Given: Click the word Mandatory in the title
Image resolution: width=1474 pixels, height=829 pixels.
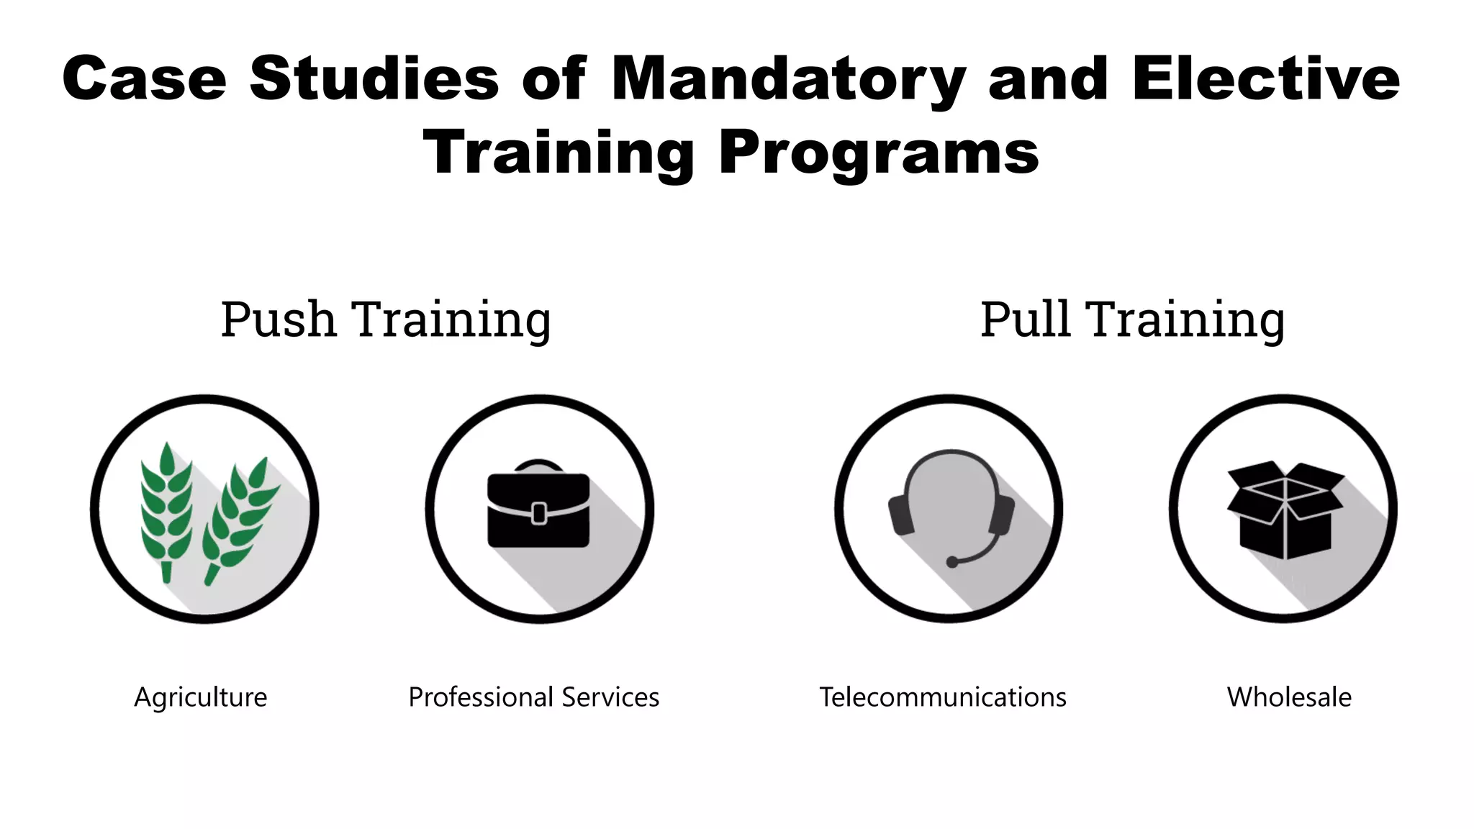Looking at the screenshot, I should pyautogui.click(x=787, y=79).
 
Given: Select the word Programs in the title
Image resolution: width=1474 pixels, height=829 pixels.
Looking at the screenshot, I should pyautogui.click(x=879, y=153).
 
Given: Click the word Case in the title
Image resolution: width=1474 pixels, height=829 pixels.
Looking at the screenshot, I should pyautogui.click(x=144, y=79).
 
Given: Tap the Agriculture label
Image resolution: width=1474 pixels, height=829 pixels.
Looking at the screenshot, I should pyautogui.click(x=201, y=697).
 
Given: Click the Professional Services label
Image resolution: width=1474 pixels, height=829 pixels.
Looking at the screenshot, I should pyautogui.click(x=533, y=697).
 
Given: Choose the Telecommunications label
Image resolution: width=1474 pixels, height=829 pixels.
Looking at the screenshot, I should pyautogui.click(x=943, y=697).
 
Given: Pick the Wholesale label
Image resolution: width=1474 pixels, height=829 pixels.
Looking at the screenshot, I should pyautogui.click(x=1289, y=697).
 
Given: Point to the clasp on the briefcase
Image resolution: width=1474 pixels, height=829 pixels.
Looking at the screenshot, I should pyautogui.click(x=538, y=513).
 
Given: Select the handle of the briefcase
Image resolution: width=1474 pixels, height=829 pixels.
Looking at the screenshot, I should pyautogui.click(x=538, y=465).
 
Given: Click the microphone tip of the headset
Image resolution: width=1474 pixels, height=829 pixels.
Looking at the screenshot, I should pyautogui.click(x=952, y=562).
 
